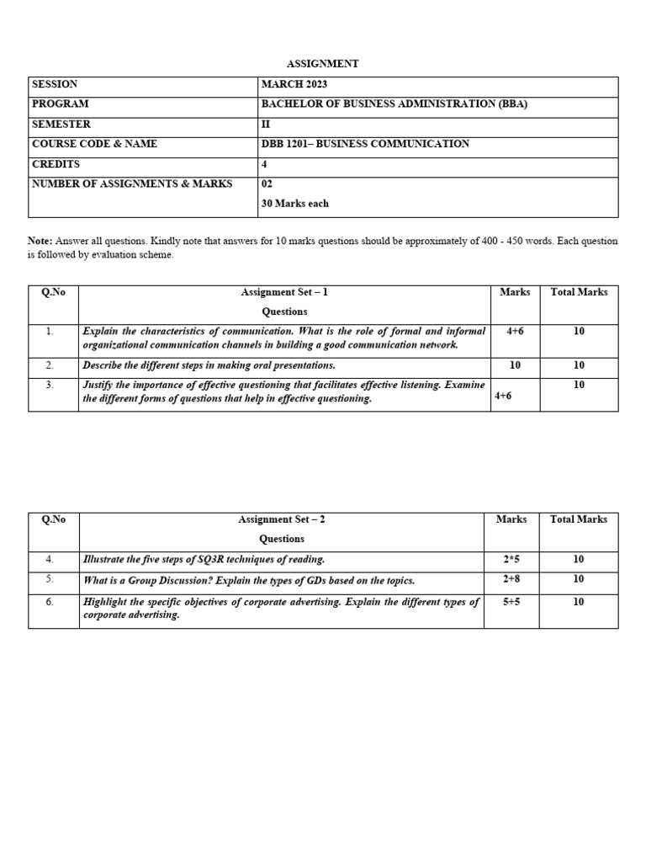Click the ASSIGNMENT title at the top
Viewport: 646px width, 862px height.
coord(323,64)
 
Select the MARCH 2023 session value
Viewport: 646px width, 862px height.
coord(294,84)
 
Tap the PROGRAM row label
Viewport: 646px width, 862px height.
coord(60,104)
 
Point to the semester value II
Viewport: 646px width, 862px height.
coord(267,124)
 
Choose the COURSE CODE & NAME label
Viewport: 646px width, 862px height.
coord(94,144)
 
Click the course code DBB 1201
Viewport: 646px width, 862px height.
coord(285,144)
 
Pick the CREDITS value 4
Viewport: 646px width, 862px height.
coord(264,164)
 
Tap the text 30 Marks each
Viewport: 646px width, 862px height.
coord(295,204)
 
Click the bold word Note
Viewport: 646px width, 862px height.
coord(40,241)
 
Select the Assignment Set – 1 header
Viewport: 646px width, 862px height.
coord(283,292)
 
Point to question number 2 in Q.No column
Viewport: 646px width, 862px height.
coord(50,365)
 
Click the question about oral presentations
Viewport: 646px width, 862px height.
coord(209,365)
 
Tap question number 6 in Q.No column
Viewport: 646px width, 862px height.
coord(50,602)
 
